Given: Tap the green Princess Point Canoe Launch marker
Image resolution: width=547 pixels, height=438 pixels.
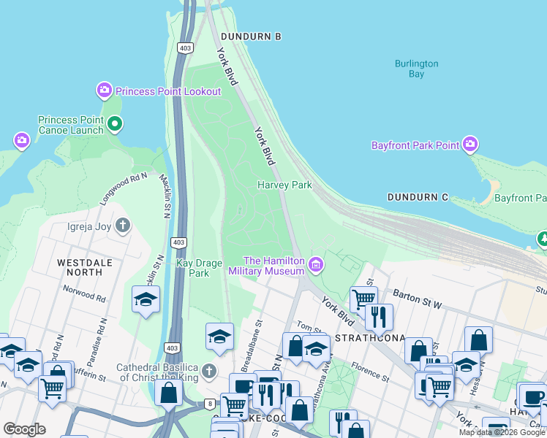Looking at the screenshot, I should coord(114,124).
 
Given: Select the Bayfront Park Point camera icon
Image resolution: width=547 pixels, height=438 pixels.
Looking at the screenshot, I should coord(470,145).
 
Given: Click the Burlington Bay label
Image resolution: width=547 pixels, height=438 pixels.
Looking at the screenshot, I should coord(416,69).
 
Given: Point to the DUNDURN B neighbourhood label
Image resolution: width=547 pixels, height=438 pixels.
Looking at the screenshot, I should coord(251,36).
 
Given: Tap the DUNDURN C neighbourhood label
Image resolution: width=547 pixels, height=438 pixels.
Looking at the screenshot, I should coord(418,198).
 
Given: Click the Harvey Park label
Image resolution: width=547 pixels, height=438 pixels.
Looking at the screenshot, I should coord(284,185).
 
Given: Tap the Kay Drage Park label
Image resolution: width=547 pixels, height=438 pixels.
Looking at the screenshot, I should coord(193,268).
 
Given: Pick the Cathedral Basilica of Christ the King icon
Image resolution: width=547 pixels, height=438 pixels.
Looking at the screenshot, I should coord(209,372).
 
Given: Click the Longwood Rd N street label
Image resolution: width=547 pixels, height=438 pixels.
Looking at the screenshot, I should coord(124,180).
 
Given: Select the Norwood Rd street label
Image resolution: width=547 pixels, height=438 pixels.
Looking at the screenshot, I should coord(84,295).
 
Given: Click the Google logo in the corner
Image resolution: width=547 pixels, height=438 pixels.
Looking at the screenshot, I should coord(24,429).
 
